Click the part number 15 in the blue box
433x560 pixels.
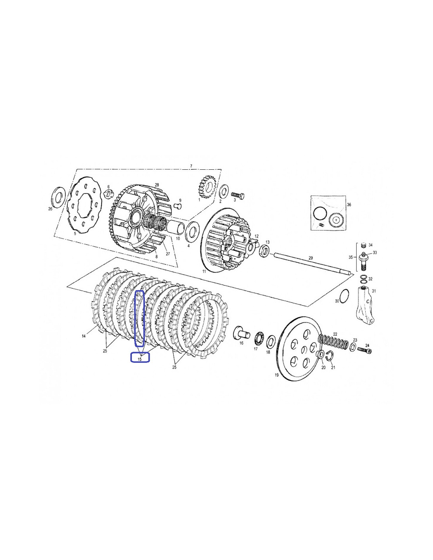point(140,359)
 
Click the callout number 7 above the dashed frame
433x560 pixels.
point(191,166)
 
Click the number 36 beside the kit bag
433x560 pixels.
point(349,205)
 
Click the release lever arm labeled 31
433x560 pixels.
point(365,304)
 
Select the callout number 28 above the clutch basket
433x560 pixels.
point(157,185)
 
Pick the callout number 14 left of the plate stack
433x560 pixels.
point(83,336)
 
